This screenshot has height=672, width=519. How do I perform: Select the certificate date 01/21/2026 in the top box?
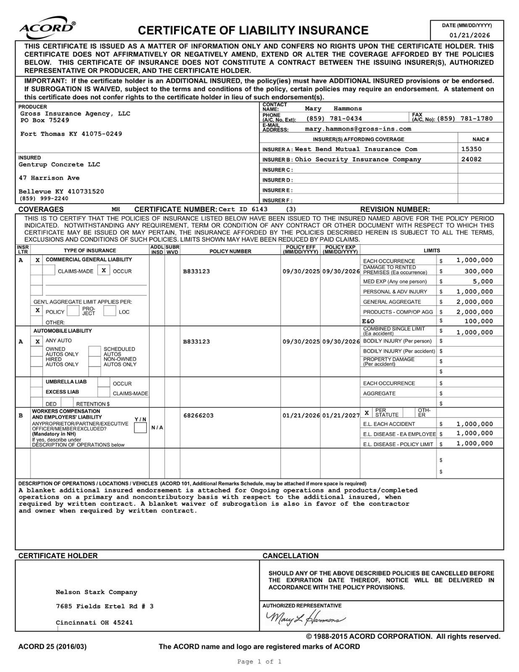pyautogui.click(x=469, y=36)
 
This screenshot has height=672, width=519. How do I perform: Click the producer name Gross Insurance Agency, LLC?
pyautogui.click(x=75, y=114)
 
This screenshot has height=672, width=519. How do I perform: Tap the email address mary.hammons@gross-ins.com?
pyautogui.click(x=358, y=129)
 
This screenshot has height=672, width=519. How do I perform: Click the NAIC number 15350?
pyautogui.click(x=471, y=149)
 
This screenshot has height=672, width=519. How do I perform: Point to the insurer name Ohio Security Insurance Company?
pyautogui.click(x=358, y=160)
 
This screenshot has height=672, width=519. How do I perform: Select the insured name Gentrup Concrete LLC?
pyautogui.click(x=59, y=165)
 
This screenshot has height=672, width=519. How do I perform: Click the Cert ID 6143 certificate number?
pyautogui.click(x=243, y=209)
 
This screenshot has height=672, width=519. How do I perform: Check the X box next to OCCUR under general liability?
pyautogui.click(x=104, y=270)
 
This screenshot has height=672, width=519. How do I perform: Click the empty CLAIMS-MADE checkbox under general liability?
pyautogui.click(x=49, y=270)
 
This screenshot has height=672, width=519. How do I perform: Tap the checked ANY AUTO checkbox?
pyautogui.click(x=37, y=341)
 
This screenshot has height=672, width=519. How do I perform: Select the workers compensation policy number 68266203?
pyautogui.click(x=198, y=415)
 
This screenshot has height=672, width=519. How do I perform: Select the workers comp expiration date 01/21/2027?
pyautogui.click(x=341, y=415)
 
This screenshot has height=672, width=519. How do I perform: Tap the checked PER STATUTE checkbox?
pyautogui.click(x=367, y=413)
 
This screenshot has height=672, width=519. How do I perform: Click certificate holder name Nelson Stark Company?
pyautogui.click(x=96, y=592)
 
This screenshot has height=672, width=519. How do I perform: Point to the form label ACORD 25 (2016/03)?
pyautogui.click(x=52, y=646)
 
